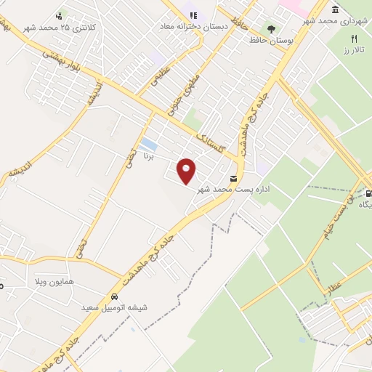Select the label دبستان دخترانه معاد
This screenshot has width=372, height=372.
195,26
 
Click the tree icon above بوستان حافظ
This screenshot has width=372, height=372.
271,30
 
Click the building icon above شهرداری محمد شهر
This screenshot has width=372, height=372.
334,9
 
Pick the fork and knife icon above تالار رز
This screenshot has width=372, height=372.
355,38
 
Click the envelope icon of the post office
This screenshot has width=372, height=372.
233,179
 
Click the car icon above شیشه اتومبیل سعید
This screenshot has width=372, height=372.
115,296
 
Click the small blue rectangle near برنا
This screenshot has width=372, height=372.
149,142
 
